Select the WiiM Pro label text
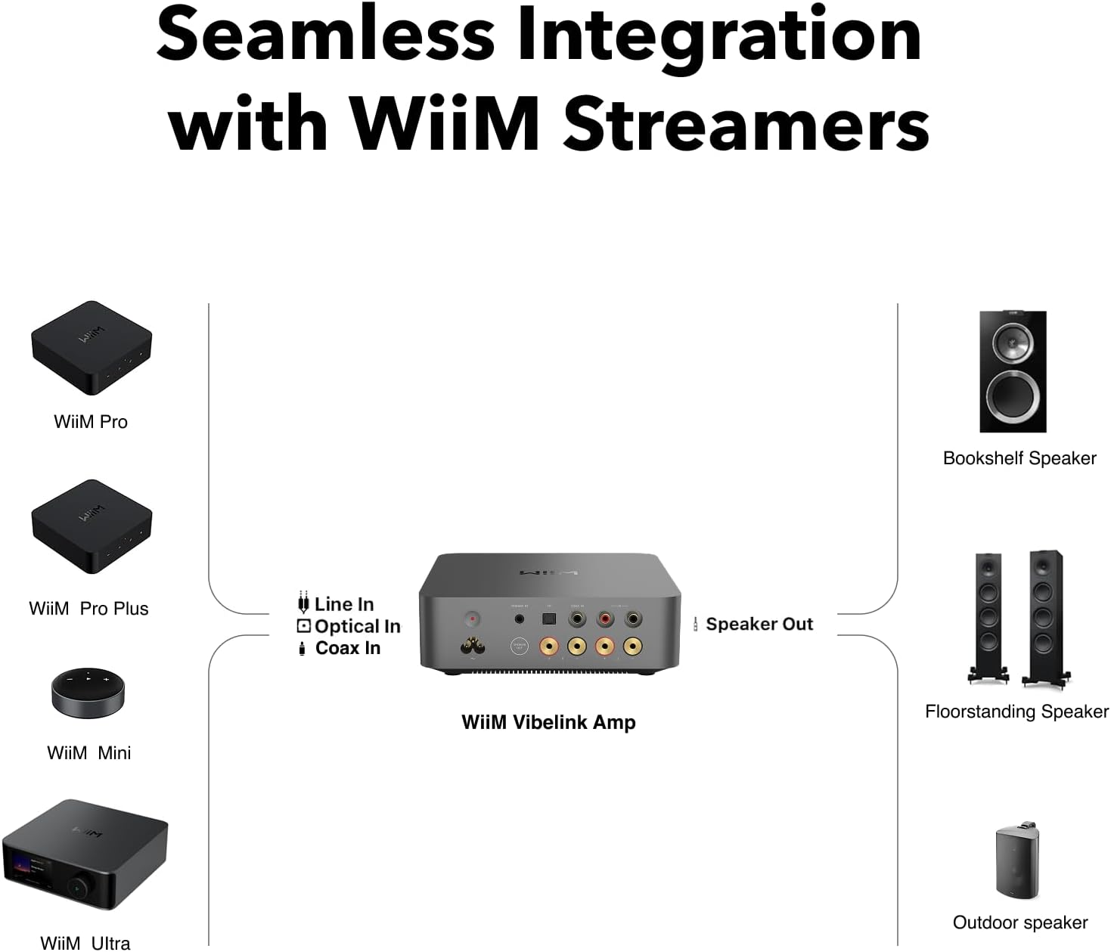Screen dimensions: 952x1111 coord(91,421)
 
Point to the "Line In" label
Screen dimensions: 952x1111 coord(343,604)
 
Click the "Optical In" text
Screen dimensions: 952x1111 coord(357,626)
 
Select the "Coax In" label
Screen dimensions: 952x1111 coord(347,648)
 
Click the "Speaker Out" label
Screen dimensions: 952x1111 coord(759,624)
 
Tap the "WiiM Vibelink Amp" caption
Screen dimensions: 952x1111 coord(548,722)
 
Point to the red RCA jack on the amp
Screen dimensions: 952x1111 coord(605,619)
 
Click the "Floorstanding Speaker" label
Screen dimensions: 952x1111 coord(1016,712)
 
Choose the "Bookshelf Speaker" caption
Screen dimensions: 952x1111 coord(1019,458)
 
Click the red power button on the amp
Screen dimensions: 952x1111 coord(473,619)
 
